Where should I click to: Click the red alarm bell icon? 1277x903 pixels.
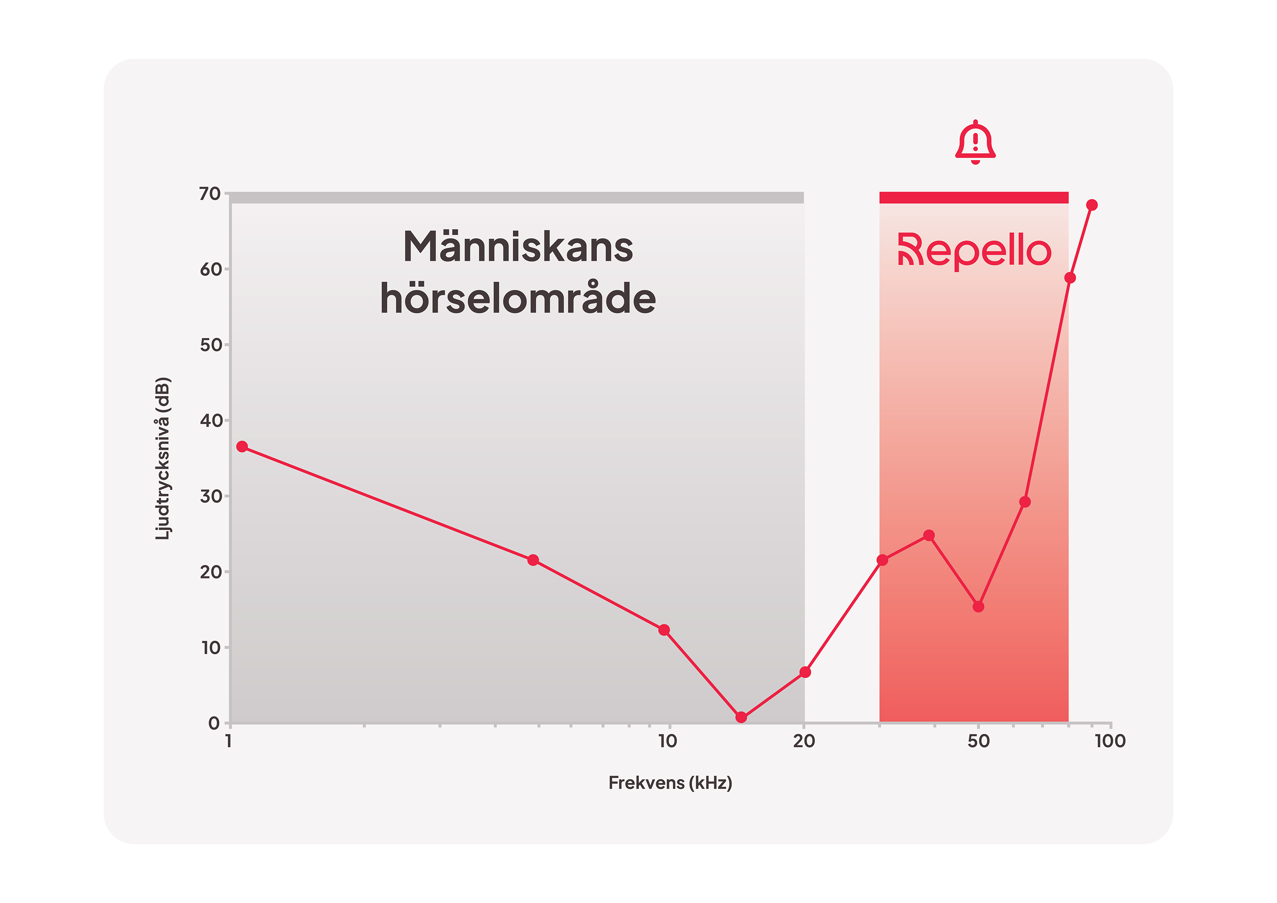click(975, 143)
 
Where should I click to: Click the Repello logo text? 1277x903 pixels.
click(974, 252)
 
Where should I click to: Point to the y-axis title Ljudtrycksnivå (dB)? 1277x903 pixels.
click(163, 459)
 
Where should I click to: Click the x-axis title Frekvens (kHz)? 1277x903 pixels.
click(670, 783)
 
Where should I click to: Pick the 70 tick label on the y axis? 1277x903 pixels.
click(210, 194)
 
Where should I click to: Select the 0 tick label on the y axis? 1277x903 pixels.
click(214, 723)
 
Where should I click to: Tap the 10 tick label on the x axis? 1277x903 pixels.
click(667, 741)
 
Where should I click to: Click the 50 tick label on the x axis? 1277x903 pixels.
click(978, 741)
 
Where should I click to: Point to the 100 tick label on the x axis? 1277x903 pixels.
click(1110, 741)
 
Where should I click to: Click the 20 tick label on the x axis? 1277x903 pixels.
click(804, 741)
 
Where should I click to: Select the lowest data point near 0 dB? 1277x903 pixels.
click(741, 717)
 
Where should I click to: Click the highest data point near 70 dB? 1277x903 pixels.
click(1092, 205)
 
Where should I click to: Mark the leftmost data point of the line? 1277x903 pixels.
click(242, 447)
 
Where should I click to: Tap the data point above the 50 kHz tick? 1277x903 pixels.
click(978, 606)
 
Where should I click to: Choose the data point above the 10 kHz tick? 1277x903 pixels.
click(664, 630)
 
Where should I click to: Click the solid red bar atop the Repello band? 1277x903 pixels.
click(974, 198)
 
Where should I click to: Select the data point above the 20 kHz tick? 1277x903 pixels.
click(805, 672)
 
